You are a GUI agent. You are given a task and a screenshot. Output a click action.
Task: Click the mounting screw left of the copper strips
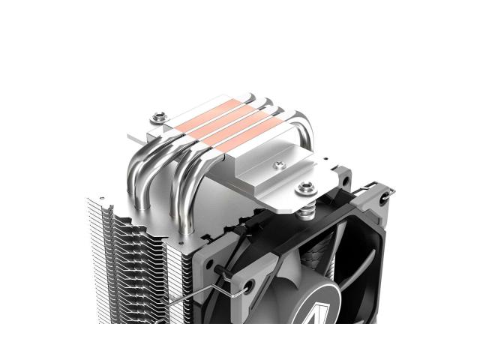[158, 116]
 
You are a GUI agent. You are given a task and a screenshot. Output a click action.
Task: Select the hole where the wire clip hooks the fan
[247, 285]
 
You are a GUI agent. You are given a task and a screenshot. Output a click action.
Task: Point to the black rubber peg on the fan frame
[218, 266]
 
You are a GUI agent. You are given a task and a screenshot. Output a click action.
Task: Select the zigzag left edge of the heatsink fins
[101, 247]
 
